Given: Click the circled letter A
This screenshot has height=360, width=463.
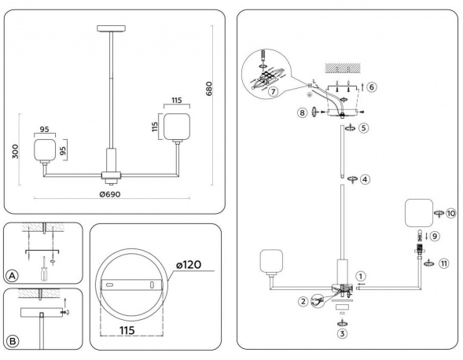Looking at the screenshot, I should click(x=12, y=275).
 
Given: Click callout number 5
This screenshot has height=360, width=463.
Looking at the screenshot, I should click(x=364, y=127).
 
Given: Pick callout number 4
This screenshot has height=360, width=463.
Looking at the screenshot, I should click(x=366, y=179).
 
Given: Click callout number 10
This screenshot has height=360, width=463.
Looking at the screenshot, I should click(x=450, y=213).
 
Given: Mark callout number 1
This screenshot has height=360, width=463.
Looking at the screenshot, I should click(x=360, y=276).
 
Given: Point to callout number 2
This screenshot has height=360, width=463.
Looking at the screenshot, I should click(x=303, y=299).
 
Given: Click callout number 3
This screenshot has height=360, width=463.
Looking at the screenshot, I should click(x=342, y=334).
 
